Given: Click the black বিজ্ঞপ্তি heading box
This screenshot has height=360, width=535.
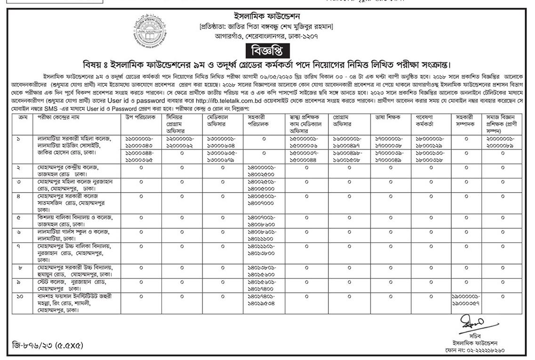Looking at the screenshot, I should tap(267, 50).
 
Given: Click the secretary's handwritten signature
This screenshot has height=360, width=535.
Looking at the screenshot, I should tap(472, 324).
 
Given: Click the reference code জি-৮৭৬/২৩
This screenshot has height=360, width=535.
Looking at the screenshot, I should tap(47, 345).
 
